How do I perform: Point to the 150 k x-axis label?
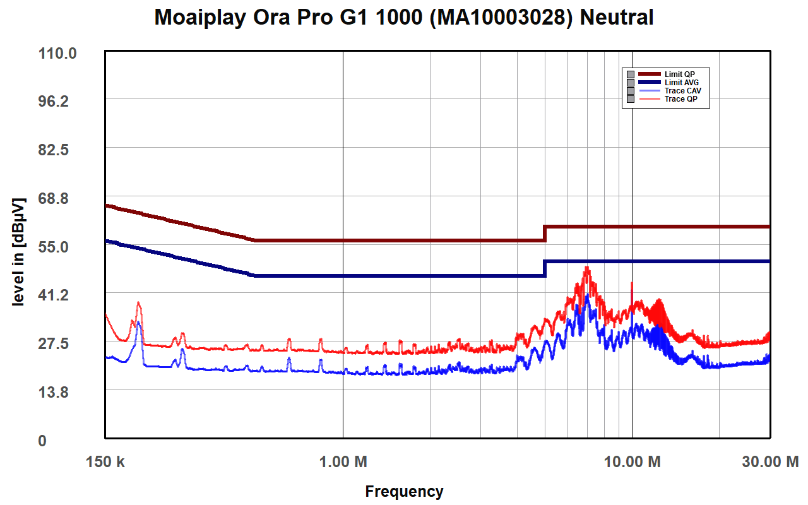tap(105, 462)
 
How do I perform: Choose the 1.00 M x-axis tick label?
tap(343, 462)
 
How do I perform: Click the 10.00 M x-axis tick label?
tap(632, 462)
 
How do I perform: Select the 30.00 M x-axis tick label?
tap(770, 462)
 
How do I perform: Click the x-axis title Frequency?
tap(404, 492)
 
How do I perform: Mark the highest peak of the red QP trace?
tap(587, 268)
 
